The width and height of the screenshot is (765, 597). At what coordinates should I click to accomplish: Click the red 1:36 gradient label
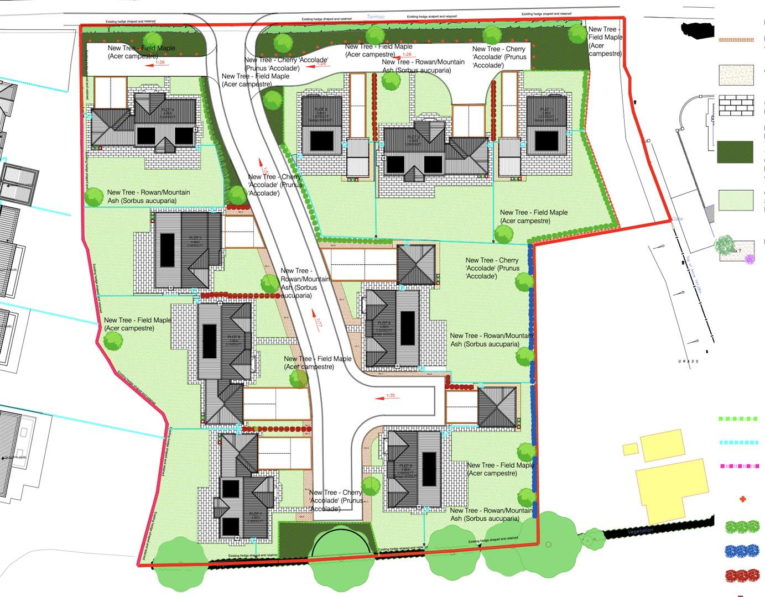160,62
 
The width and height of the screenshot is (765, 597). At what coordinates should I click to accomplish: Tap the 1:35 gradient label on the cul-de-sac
391,396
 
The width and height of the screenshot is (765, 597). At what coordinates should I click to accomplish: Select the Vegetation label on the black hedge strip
641,531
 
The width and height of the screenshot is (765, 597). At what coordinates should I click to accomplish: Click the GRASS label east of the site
689,362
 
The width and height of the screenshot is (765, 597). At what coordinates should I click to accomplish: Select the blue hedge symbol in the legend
742,551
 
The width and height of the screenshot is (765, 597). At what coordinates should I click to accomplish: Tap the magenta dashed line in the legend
738,466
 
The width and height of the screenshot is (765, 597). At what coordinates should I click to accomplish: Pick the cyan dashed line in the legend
738,442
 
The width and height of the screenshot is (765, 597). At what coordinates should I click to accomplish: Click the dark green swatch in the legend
735,152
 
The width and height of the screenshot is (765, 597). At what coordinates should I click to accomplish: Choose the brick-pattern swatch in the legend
736,106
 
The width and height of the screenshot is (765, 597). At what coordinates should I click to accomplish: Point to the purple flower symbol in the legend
750,258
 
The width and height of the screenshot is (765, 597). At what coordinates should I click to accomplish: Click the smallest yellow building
630,448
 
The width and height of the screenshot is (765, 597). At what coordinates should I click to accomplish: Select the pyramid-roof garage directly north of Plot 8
417,264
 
